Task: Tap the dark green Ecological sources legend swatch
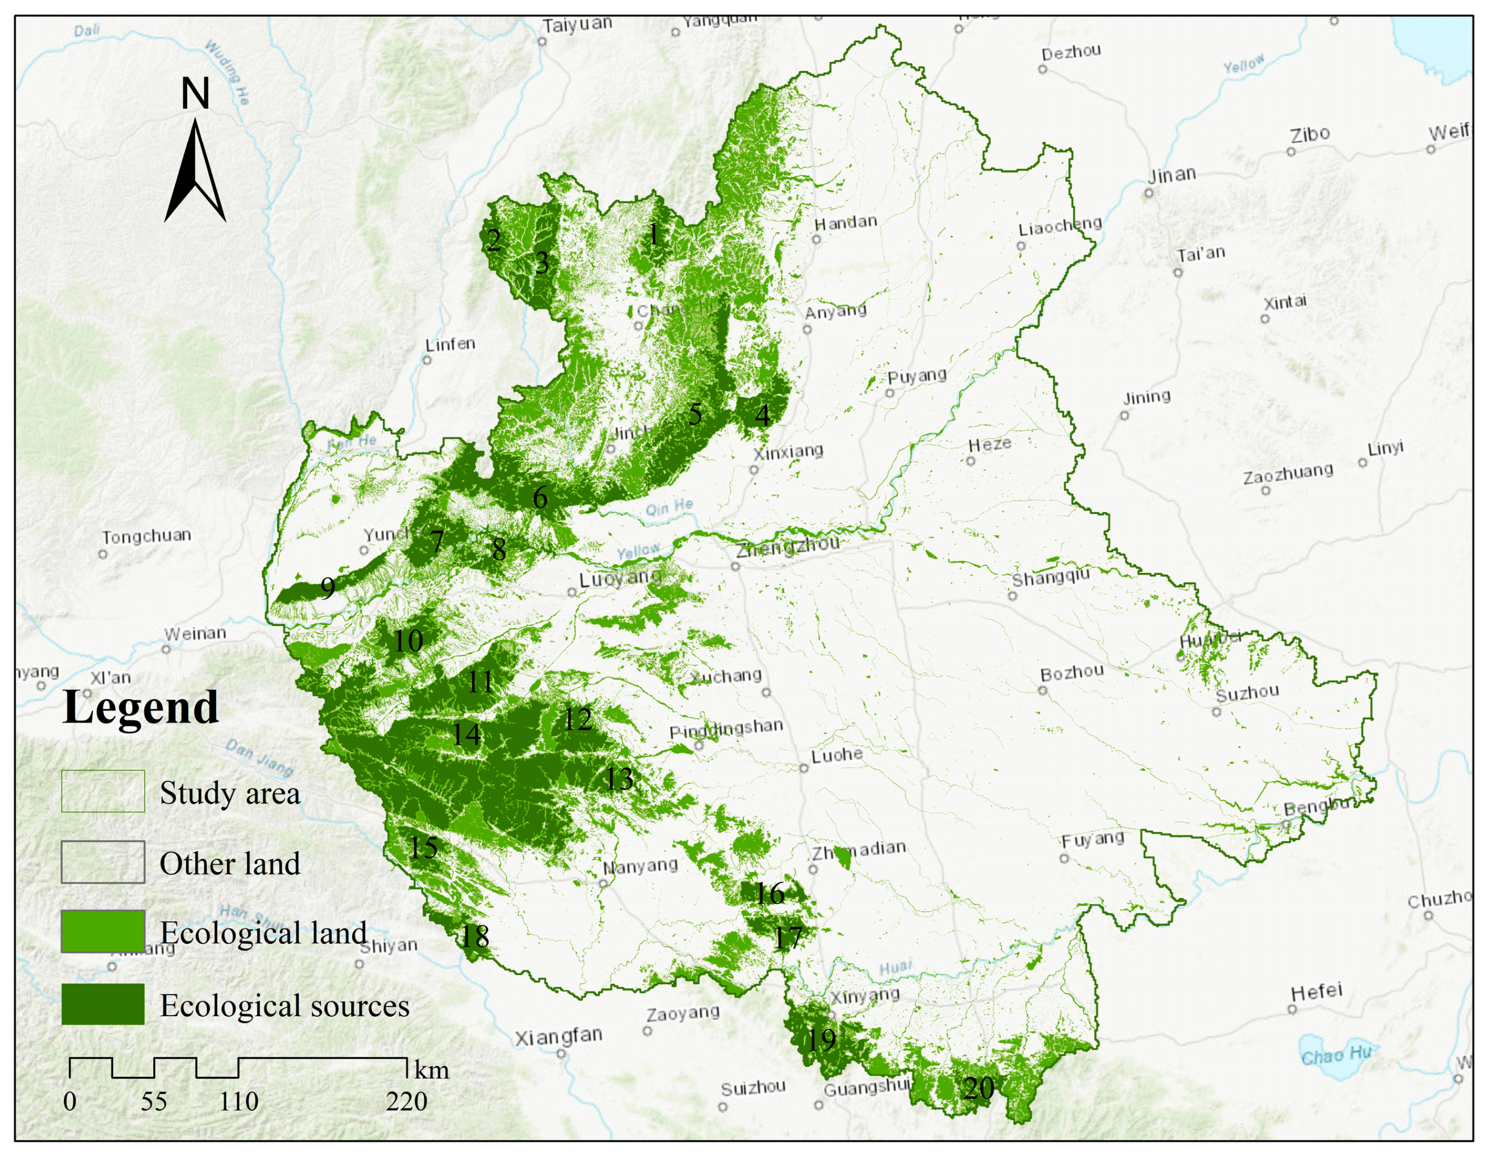(x=103, y=1004)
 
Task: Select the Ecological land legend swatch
(x=103, y=931)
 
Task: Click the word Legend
(x=140, y=707)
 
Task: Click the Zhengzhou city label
(x=788, y=546)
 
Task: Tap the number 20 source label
(x=978, y=1088)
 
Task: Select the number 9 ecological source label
(x=328, y=587)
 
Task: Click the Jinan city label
(x=1172, y=175)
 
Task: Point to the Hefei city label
(x=1316, y=991)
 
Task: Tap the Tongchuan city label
(x=147, y=535)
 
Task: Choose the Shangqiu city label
(x=1050, y=577)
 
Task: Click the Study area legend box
(x=103, y=791)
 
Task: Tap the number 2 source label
(x=493, y=240)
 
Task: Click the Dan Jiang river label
(x=260, y=757)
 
